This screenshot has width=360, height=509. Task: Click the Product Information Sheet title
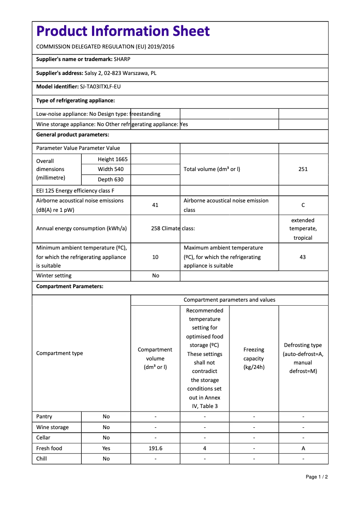pos(123,31)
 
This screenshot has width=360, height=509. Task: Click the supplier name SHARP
pos(122,59)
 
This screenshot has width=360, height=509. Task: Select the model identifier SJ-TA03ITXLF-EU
pos(100,87)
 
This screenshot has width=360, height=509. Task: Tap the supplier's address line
pos(96,73)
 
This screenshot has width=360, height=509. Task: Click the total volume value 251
pos(303,169)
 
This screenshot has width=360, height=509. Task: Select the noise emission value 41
pos(155,205)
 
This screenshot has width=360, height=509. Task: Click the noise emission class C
pos(303,205)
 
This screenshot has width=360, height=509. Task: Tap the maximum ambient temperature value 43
pos(303,257)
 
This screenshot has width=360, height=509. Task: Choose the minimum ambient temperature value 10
pos(155,257)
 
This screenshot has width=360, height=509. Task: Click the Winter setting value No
pos(155,276)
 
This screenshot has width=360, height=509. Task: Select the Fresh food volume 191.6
pos(155,448)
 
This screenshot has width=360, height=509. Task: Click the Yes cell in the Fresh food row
pos(106,448)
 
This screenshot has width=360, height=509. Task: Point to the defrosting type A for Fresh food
pos(303,448)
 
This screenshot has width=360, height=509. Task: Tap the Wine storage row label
pos(53,427)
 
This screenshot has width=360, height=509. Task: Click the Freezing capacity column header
pos(254,358)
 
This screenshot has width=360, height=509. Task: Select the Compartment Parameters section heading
pos(70,286)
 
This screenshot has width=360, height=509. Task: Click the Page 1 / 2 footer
pos(316,477)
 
